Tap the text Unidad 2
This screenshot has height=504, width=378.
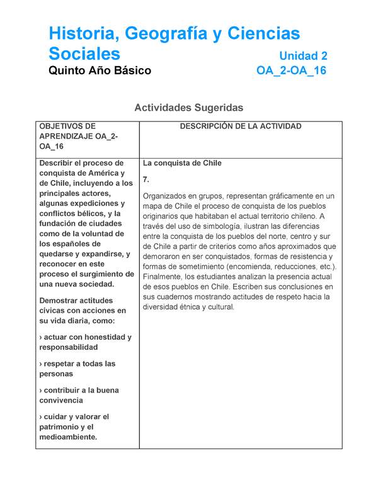coord(303,55)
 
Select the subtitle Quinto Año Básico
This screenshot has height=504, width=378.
coord(100,71)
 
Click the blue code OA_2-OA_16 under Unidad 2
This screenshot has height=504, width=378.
coord(291,71)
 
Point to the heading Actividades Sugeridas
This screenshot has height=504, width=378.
coord(188,108)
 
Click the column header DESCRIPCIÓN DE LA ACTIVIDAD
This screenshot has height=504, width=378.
coord(241,127)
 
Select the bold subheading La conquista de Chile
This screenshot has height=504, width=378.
coord(182,163)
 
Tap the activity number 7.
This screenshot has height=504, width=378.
coord(146,180)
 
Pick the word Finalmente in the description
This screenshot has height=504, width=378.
coord(164,277)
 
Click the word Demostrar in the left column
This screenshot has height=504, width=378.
coord(60,301)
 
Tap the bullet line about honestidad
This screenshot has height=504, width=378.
coord(85,337)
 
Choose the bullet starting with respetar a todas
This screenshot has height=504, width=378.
coord(77,364)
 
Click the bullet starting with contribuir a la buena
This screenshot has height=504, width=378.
coord(79,390)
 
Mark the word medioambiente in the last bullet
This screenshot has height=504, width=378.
coord(68,437)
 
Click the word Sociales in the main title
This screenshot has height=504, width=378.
coord(84,53)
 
